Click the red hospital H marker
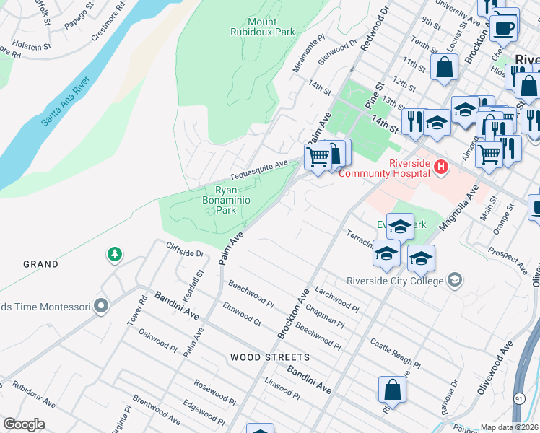click(x=440, y=167)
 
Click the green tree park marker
click(x=113, y=254)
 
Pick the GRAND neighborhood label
click(x=40, y=264)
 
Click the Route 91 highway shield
click(x=519, y=398)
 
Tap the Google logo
click(x=24, y=424)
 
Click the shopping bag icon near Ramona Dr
click(x=392, y=389)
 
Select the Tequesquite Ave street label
click(x=258, y=171)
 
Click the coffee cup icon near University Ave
click(x=504, y=27)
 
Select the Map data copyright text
click(x=510, y=427)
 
